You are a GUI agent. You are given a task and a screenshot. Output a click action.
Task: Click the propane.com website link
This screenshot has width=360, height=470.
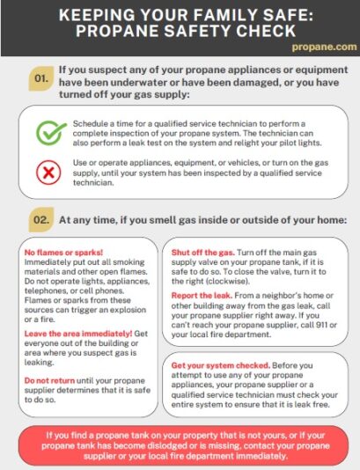click(324, 47)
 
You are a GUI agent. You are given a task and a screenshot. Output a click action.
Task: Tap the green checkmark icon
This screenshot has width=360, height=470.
click(50, 133)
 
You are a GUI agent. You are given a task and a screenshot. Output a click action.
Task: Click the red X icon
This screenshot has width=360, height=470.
click(48, 173)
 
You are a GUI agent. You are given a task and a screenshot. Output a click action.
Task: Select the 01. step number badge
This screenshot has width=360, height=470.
click(41, 78)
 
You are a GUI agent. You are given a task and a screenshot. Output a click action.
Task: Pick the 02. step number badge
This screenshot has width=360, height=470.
click(41, 220)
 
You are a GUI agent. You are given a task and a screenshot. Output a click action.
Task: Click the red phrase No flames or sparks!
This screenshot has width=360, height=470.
click(63, 253)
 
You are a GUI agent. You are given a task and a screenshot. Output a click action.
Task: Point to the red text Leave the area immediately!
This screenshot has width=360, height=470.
click(78, 334)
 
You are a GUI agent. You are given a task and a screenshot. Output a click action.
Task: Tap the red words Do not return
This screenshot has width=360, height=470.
click(49, 380)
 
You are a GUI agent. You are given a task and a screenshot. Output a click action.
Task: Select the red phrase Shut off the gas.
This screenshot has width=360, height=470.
click(203, 253)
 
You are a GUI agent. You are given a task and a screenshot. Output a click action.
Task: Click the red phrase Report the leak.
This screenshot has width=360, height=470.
click(202, 296)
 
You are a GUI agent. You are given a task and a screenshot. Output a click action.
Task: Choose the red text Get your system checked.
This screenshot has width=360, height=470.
click(221, 365)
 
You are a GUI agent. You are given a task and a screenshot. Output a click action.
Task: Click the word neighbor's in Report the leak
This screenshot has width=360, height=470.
click(281, 296)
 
